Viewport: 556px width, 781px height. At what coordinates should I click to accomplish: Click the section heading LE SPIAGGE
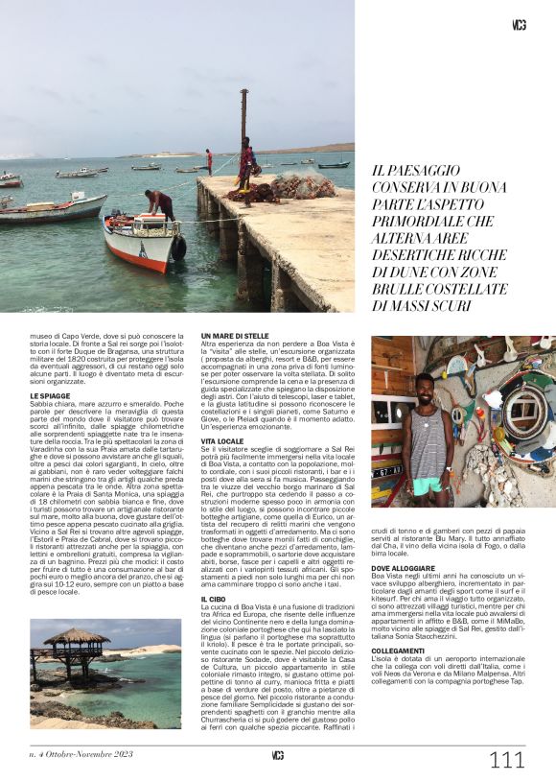[50, 395]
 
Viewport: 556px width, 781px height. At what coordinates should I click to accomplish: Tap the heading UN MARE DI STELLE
[235, 336]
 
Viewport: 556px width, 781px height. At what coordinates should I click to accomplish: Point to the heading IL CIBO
[213, 599]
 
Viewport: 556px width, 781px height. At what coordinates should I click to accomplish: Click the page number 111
[507, 760]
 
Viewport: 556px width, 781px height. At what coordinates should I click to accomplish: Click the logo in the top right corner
[519, 26]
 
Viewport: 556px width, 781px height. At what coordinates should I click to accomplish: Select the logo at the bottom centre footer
[277, 755]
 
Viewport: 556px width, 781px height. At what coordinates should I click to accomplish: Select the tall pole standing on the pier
[243, 115]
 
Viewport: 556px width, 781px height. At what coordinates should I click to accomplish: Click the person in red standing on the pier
[209, 160]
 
